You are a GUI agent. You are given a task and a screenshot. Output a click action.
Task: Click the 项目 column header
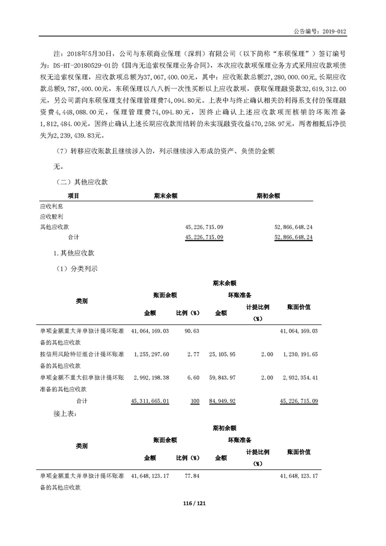[74, 195]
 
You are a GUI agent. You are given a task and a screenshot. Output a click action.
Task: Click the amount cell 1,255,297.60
[150, 354]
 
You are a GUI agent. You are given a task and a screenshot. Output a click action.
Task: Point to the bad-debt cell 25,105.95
[222, 354]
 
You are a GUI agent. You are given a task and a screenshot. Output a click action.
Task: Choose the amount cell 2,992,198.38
[150, 377]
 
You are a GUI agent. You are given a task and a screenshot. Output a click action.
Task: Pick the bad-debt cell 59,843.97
[222, 377]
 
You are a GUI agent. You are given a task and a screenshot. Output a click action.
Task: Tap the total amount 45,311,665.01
[150, 401]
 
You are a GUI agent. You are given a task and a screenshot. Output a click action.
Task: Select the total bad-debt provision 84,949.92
[222, 401]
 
